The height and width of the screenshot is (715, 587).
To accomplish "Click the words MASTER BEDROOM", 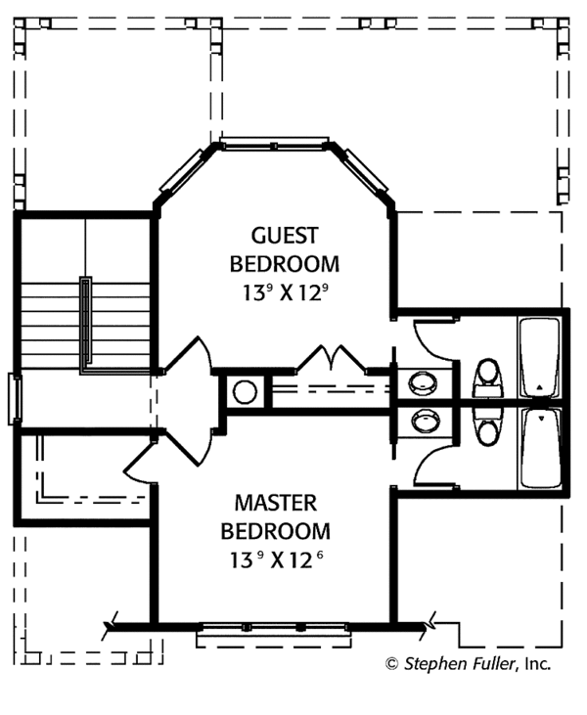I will coord(275,517).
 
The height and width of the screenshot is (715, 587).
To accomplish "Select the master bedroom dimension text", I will coord(275,560).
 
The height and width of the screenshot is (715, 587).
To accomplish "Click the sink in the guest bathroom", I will coord(424,381).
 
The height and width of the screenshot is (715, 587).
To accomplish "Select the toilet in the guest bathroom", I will coord(487,378).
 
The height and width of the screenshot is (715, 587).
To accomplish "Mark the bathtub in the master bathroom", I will coord(539,447).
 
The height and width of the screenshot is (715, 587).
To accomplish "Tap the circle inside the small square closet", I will coord(245,392).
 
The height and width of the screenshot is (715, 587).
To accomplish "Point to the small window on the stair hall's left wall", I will coord(14,399).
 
